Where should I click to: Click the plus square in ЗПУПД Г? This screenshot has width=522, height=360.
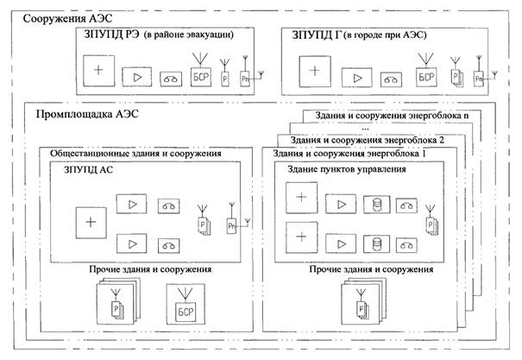coord(319,70)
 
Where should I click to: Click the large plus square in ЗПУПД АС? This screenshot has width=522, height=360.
coord(91,220)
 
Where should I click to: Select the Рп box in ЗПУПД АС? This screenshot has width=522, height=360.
coord(231,224)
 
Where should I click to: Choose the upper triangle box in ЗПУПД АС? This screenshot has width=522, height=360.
coord(133,205)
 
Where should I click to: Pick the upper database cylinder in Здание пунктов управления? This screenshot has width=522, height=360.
coord(376,205)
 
